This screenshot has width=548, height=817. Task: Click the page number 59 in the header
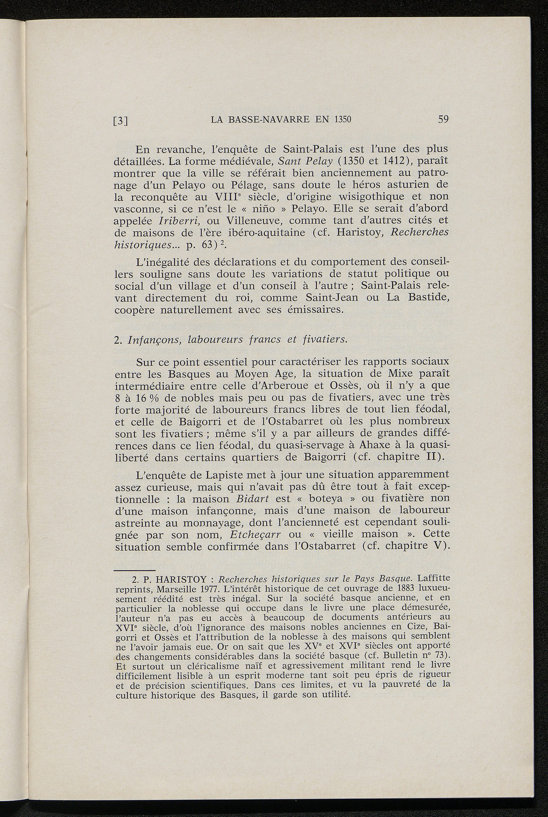pos(443,119)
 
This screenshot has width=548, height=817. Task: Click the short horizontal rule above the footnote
pos(135,570)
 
